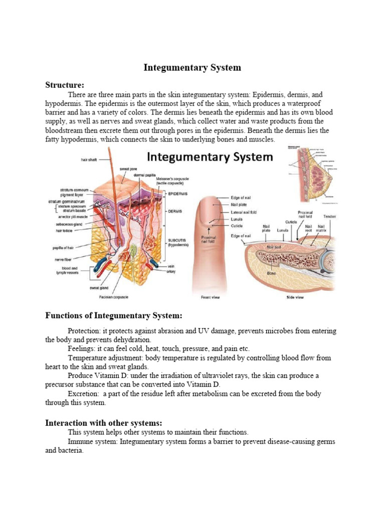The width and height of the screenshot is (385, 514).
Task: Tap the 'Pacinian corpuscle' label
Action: tap(114, 297)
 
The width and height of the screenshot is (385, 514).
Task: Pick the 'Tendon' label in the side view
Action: tap(330, 216)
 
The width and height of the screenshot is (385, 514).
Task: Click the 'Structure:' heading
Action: tap(65, 84)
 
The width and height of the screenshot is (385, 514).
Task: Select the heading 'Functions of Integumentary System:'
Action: tap(114, 315)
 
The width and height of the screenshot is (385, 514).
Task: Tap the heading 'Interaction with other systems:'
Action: tap(104, 422)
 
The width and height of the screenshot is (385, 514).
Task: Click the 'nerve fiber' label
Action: tap(67, 260)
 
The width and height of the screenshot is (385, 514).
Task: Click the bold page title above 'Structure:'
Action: tap(192, 67)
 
